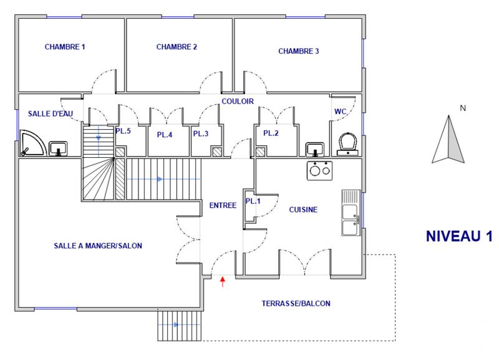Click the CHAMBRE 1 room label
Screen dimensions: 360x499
tap(65, 47)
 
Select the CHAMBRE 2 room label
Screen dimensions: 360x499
tap(177, 47)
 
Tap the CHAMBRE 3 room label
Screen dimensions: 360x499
tap(299, 51)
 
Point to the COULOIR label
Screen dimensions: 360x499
tap(237, 101)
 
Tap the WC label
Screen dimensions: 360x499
tap(341, 112)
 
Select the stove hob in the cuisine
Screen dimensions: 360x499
tap(319, 170)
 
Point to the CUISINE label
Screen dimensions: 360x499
tap(303, 210)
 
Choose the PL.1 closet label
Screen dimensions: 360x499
tap(253, 202)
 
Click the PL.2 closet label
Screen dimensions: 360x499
tap(270, 134)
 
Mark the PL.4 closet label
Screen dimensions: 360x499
tap(164, 134)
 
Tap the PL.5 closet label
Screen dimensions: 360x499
tap(123, 131)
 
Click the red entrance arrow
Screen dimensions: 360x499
tap(223, 283)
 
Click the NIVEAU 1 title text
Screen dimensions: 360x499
tap(459, 236)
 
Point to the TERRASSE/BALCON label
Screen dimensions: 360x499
tap(297, 304)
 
